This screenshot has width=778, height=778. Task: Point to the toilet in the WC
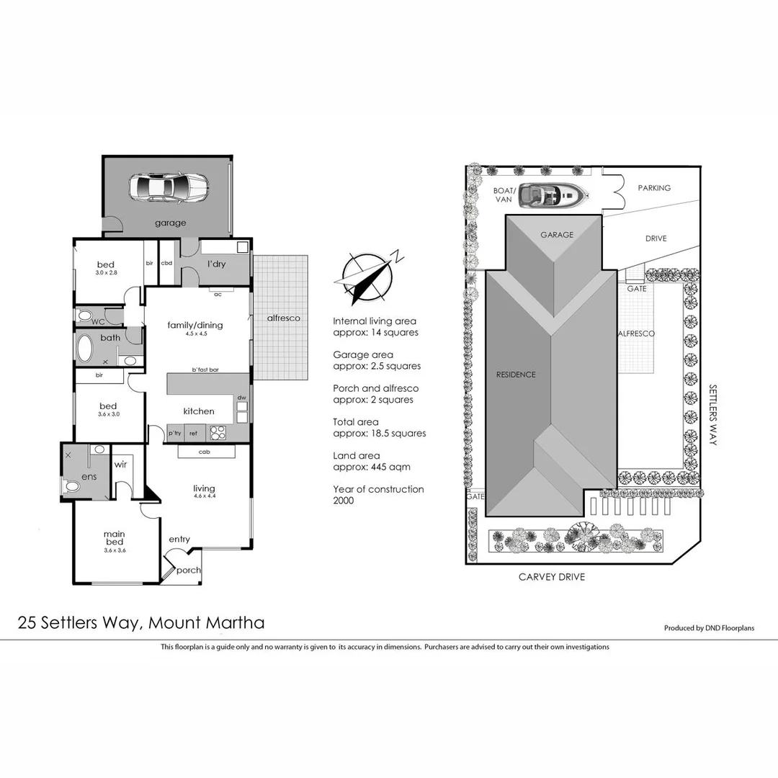(x=84, y=316)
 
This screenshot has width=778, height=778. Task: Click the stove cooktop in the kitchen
(x=218, y=433)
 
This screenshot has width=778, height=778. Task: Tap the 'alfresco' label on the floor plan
(x=283, y=318)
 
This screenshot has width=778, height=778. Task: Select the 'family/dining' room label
(x=195, y=325)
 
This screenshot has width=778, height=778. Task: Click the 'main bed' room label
(x=113, y=537)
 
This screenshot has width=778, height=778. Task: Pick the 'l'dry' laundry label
(x=216, y=264)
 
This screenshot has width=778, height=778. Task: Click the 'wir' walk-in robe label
(x=120, y=465)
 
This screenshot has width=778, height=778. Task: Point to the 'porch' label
(x=189, y=570)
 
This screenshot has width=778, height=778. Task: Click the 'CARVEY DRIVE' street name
(x=552, y=577)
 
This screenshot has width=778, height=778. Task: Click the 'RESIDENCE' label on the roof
(x=516, y=375)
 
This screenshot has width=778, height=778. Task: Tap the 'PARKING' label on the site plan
(x=654, y=188)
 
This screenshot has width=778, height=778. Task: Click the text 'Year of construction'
(x=378, y=489)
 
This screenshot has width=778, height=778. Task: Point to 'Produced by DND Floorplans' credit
(x=709, y=628)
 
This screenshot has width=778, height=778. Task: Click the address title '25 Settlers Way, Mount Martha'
(x=141, y=622)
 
